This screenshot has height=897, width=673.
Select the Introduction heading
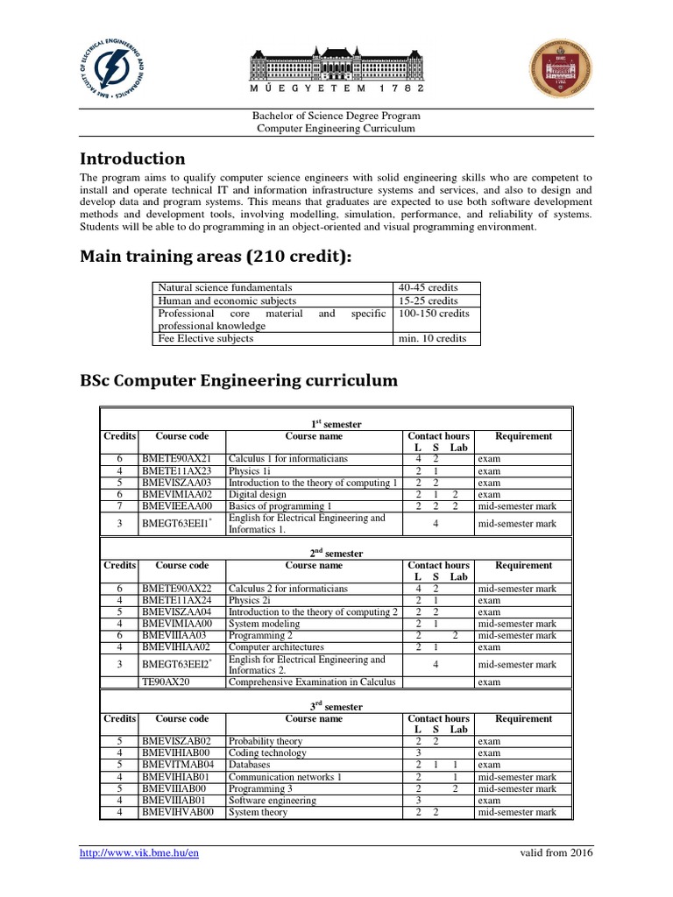[x=132, y=159]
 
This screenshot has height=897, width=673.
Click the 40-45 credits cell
[x=429, y=287]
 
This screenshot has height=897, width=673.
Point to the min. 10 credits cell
[x=433, y=338]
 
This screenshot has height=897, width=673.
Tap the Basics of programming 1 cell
[x=280, y=506]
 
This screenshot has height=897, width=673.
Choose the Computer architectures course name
[x=275, y=647]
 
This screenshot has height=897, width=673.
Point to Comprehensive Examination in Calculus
[x=312, y=682]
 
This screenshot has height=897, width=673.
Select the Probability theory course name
[x=266, y=741]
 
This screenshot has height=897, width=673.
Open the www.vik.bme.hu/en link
[x=138, y=853]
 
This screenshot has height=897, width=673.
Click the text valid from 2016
[x=556, y=853]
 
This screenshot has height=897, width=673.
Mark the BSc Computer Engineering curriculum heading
[x=238, y=381]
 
